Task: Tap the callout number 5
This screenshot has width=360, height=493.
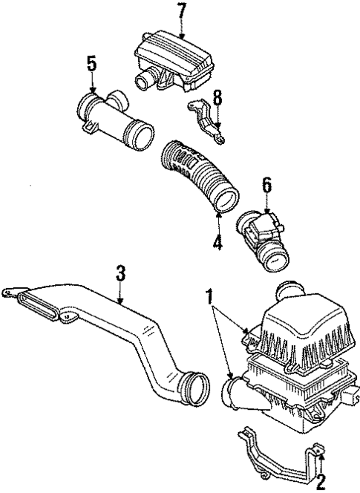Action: [x=91, y=63]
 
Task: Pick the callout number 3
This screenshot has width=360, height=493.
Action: [x=120, y=273]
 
